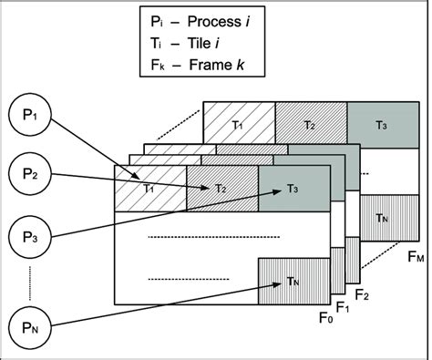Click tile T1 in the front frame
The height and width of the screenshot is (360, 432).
click(149, 189)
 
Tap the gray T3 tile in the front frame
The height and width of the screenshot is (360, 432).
click(292, 189)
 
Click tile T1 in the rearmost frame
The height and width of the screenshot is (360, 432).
click(239, 124)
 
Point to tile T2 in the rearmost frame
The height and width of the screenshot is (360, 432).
click(310, 124)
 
